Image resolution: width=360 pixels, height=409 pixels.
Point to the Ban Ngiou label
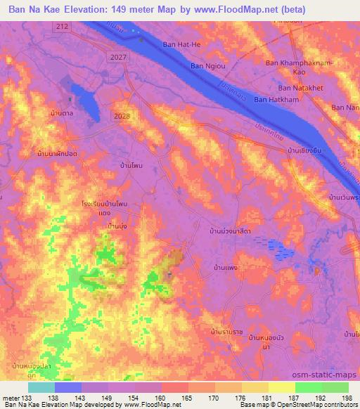[207, 66]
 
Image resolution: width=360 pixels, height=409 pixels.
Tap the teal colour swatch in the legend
[41, 387]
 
